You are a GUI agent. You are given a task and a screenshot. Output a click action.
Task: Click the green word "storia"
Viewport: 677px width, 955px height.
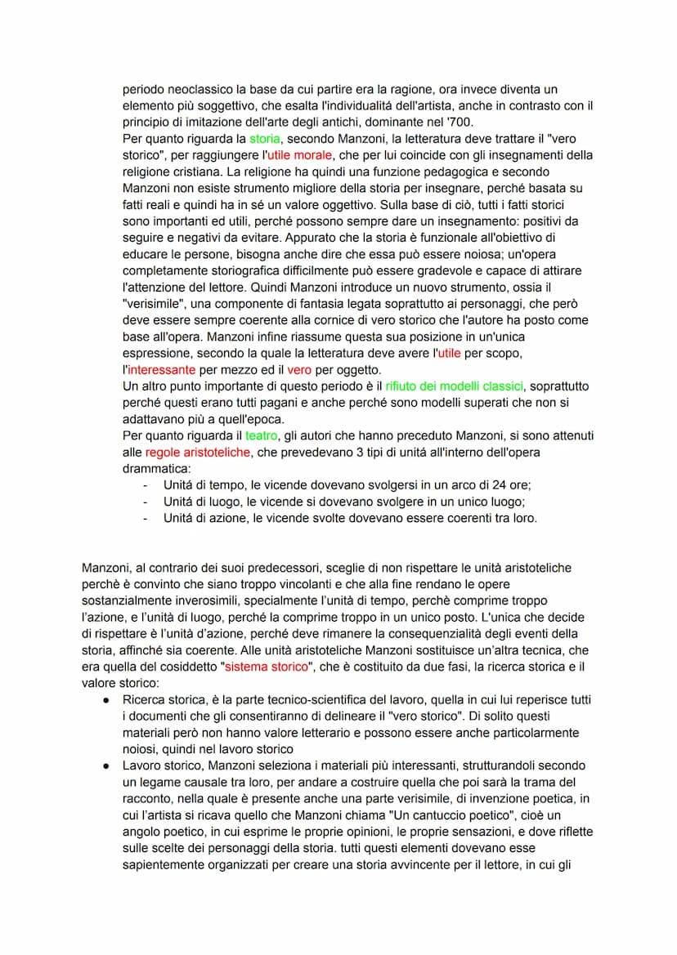[x=265, y=139]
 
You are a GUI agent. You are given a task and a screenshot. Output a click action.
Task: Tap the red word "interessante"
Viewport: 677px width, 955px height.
[x=159, y=369]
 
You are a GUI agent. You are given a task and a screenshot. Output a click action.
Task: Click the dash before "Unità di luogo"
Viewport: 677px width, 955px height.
[x=146, y=502]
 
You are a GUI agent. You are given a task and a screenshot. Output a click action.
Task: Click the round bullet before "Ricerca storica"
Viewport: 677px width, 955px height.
[x=107, y=700]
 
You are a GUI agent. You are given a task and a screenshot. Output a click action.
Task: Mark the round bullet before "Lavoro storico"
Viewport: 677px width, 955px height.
[x=107, y=765]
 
